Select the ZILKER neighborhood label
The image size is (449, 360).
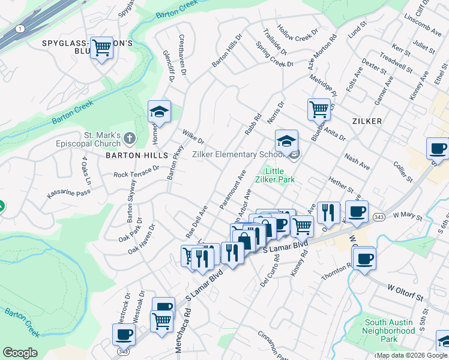tap(364, 121)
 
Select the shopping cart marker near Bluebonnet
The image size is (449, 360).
tap(319, 110)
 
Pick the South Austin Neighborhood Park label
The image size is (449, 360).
tap(389, 331)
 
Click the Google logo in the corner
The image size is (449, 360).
tap(20, 353)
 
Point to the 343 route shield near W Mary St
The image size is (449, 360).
tap(378, 215)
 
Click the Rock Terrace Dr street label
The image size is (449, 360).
tap(136, 172)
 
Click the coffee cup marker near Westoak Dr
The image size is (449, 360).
tap(124, 334)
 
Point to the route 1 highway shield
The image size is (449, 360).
tap(20, 28)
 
